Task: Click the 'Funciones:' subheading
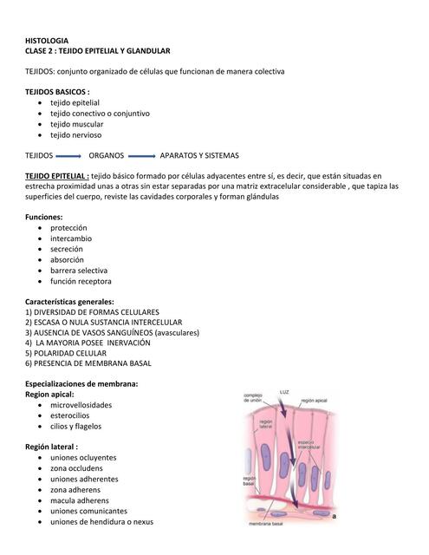[x=44, y=217]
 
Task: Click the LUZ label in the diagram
[x=284, y=393]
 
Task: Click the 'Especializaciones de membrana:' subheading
[x=81, y=383]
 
